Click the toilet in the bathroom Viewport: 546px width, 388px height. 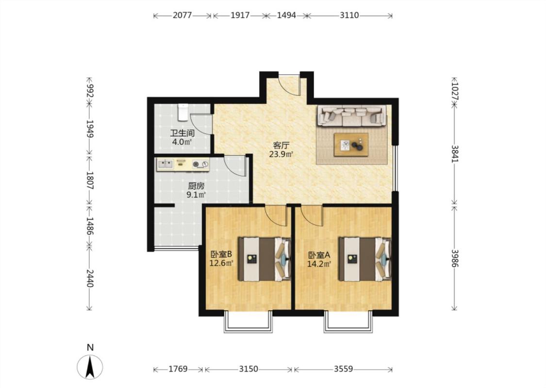coord(182,112)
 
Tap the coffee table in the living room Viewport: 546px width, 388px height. coord(351,145)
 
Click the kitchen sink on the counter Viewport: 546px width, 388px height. coord(165,164)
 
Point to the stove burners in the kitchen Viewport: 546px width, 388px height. coord(200,164)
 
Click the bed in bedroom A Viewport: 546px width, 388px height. coord(364,259)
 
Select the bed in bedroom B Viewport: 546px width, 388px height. coord(265,259)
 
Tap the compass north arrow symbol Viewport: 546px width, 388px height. coord(90,367)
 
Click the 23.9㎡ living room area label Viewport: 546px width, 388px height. coord(281,154)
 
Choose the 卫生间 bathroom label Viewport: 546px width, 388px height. coord(182,133)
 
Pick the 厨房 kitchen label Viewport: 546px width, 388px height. coord(196,186)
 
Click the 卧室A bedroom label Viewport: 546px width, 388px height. coord(319,255)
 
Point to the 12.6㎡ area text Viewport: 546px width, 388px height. coord(221,263)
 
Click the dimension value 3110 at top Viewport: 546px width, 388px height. coord(349,16)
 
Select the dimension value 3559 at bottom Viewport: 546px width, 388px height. coord(343,369)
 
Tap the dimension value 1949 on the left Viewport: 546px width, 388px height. coord(90,129)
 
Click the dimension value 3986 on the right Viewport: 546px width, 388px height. coord(455,258)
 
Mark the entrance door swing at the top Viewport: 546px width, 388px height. coord(290,85)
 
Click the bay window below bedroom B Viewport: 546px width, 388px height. coord(248,322)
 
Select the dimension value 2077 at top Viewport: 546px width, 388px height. coord(182,16)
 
